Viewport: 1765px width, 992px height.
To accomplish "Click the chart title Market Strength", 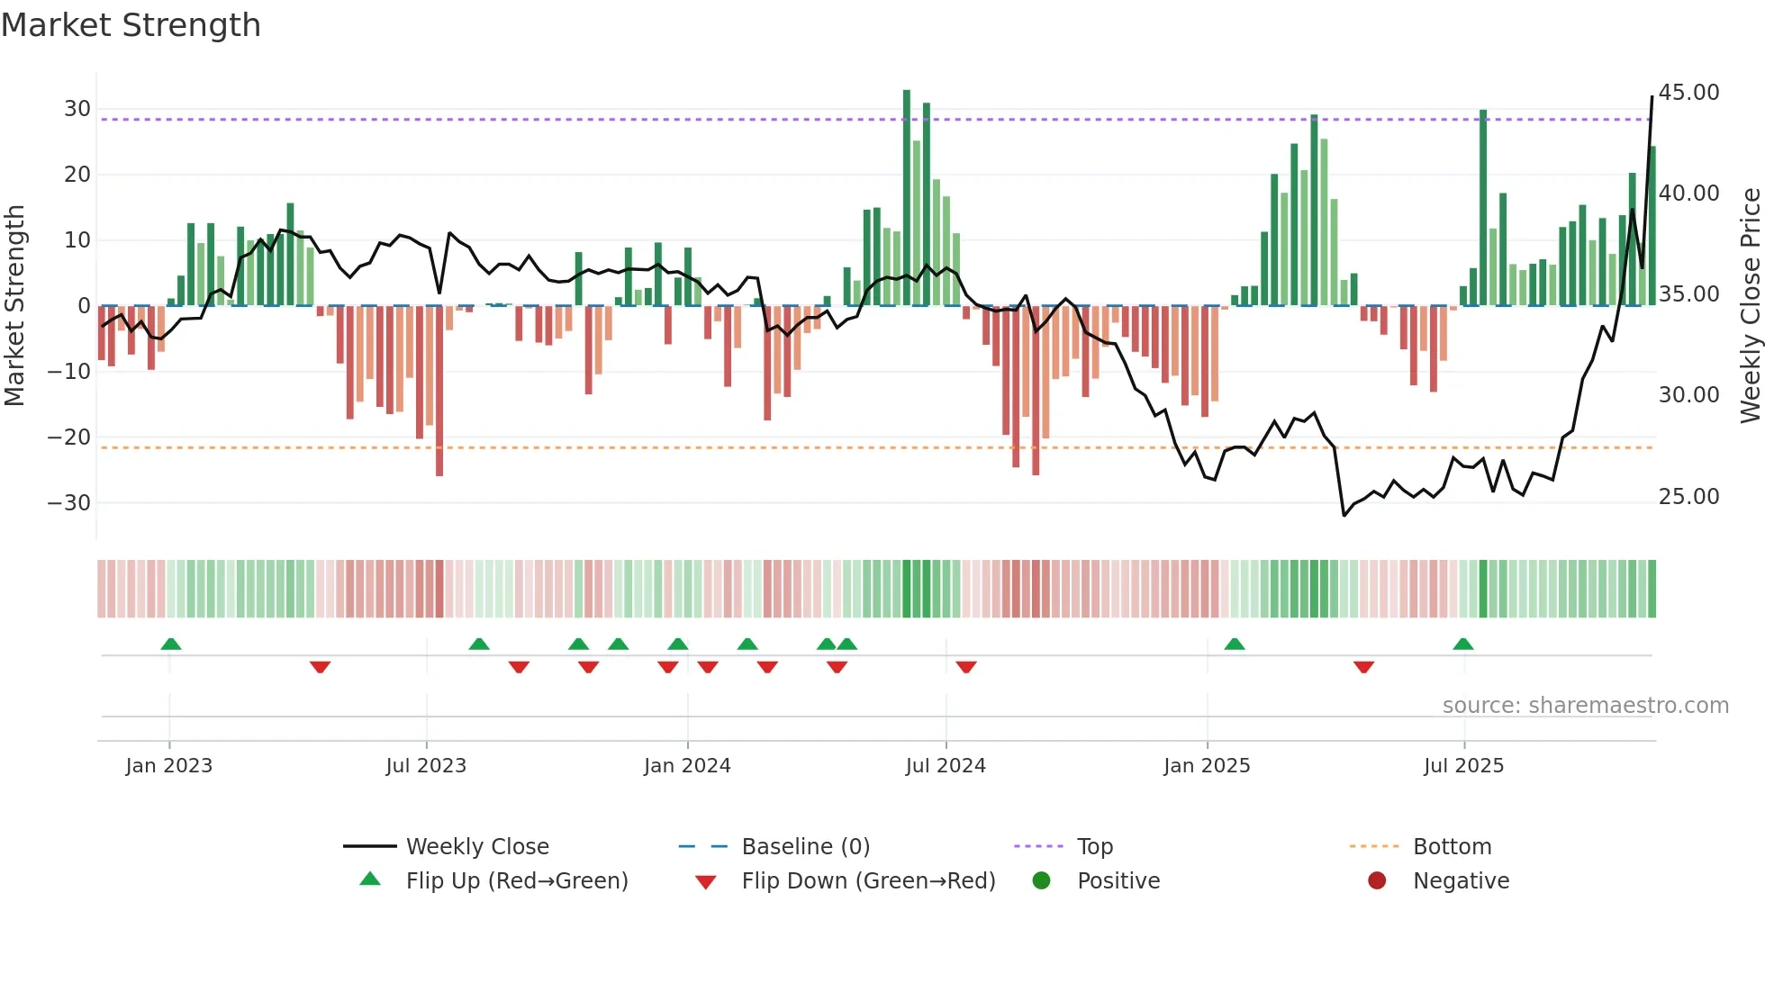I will click(x=131, y=25).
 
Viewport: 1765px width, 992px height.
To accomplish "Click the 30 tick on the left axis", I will click(x=77, y=109).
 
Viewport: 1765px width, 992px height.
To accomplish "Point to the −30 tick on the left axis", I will click(x=70, y=503).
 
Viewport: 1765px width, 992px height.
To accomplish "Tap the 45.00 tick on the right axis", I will click(x=1688, y=93).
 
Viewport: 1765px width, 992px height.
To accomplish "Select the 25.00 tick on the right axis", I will click(x=1688, y=497).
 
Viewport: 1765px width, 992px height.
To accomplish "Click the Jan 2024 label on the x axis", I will click(x=687, y=766).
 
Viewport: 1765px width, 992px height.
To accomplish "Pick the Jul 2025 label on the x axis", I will click(x=1463, y=766).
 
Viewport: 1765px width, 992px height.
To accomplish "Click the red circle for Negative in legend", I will click(x=1377, y=881).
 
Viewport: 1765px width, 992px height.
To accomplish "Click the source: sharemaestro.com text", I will click(x=1585, y=706).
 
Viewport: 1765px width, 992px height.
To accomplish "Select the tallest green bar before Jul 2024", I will click(x=907, y=198).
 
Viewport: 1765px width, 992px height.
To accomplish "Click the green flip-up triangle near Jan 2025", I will click(x=1235, y=645).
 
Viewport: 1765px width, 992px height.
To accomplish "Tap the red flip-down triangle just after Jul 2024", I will click(x=966, y=667).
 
